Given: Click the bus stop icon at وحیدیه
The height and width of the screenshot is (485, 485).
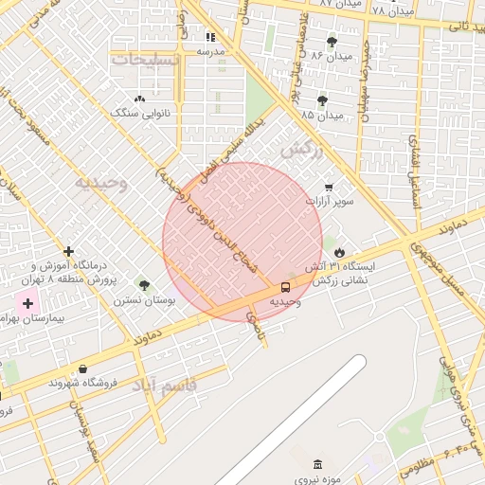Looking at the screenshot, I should point(285,287).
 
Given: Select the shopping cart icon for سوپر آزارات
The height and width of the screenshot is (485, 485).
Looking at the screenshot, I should point(329,187).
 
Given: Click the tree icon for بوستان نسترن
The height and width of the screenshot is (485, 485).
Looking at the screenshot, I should point(144,285).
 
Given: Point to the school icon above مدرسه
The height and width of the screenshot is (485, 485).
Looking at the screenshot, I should point(209,37).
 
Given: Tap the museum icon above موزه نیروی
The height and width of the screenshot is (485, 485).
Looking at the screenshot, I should point(317,464).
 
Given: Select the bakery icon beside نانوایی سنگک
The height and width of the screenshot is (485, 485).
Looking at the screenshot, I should point(140,98).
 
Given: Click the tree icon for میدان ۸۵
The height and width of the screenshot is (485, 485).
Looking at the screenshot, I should point(323,99).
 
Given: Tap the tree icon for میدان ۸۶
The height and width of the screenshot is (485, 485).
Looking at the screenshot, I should point(332,42).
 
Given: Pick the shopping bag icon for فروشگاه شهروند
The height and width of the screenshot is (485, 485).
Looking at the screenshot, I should point(82,368).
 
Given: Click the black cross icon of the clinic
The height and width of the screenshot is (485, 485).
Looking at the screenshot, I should point(68,251).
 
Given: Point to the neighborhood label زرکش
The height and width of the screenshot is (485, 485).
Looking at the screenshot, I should point(303,149).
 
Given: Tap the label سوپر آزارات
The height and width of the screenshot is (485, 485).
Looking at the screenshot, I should point(330,202).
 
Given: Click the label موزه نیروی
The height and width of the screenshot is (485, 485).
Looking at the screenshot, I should point(318,479).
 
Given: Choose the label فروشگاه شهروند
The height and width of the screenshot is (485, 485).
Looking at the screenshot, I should point(82,383).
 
